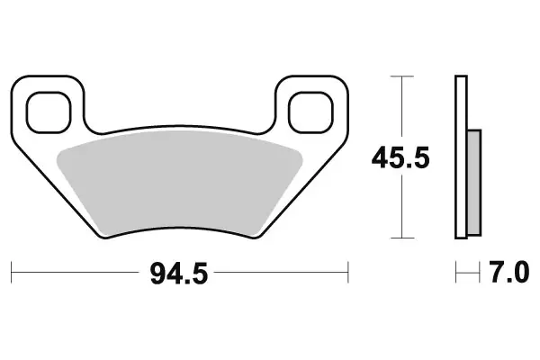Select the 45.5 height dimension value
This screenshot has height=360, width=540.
point(401,158)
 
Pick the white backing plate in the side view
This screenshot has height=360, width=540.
point(462,158)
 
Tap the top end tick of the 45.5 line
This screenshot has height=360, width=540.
point(400,77)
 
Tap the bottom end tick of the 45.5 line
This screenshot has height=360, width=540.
point(400,238)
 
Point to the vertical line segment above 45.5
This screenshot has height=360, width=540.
point(400,108)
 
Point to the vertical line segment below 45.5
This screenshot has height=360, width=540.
point(400,207)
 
